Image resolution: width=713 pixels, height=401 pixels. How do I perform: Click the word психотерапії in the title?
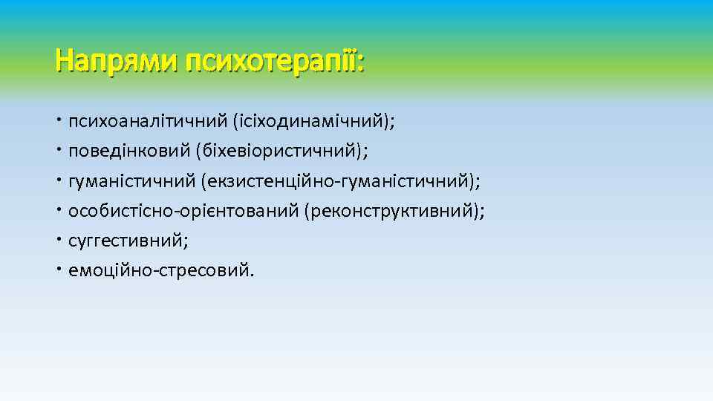pos(272,60)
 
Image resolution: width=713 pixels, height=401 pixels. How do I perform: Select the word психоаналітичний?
pos(147,121)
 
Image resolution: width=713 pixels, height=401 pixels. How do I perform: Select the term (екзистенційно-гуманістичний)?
pos(337,180)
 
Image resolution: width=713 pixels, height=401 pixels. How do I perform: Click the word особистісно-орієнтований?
pos(183,211)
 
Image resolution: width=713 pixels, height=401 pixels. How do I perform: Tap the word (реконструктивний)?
pos(391,211)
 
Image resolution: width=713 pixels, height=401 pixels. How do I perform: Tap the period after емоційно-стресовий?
pos(251,275)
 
